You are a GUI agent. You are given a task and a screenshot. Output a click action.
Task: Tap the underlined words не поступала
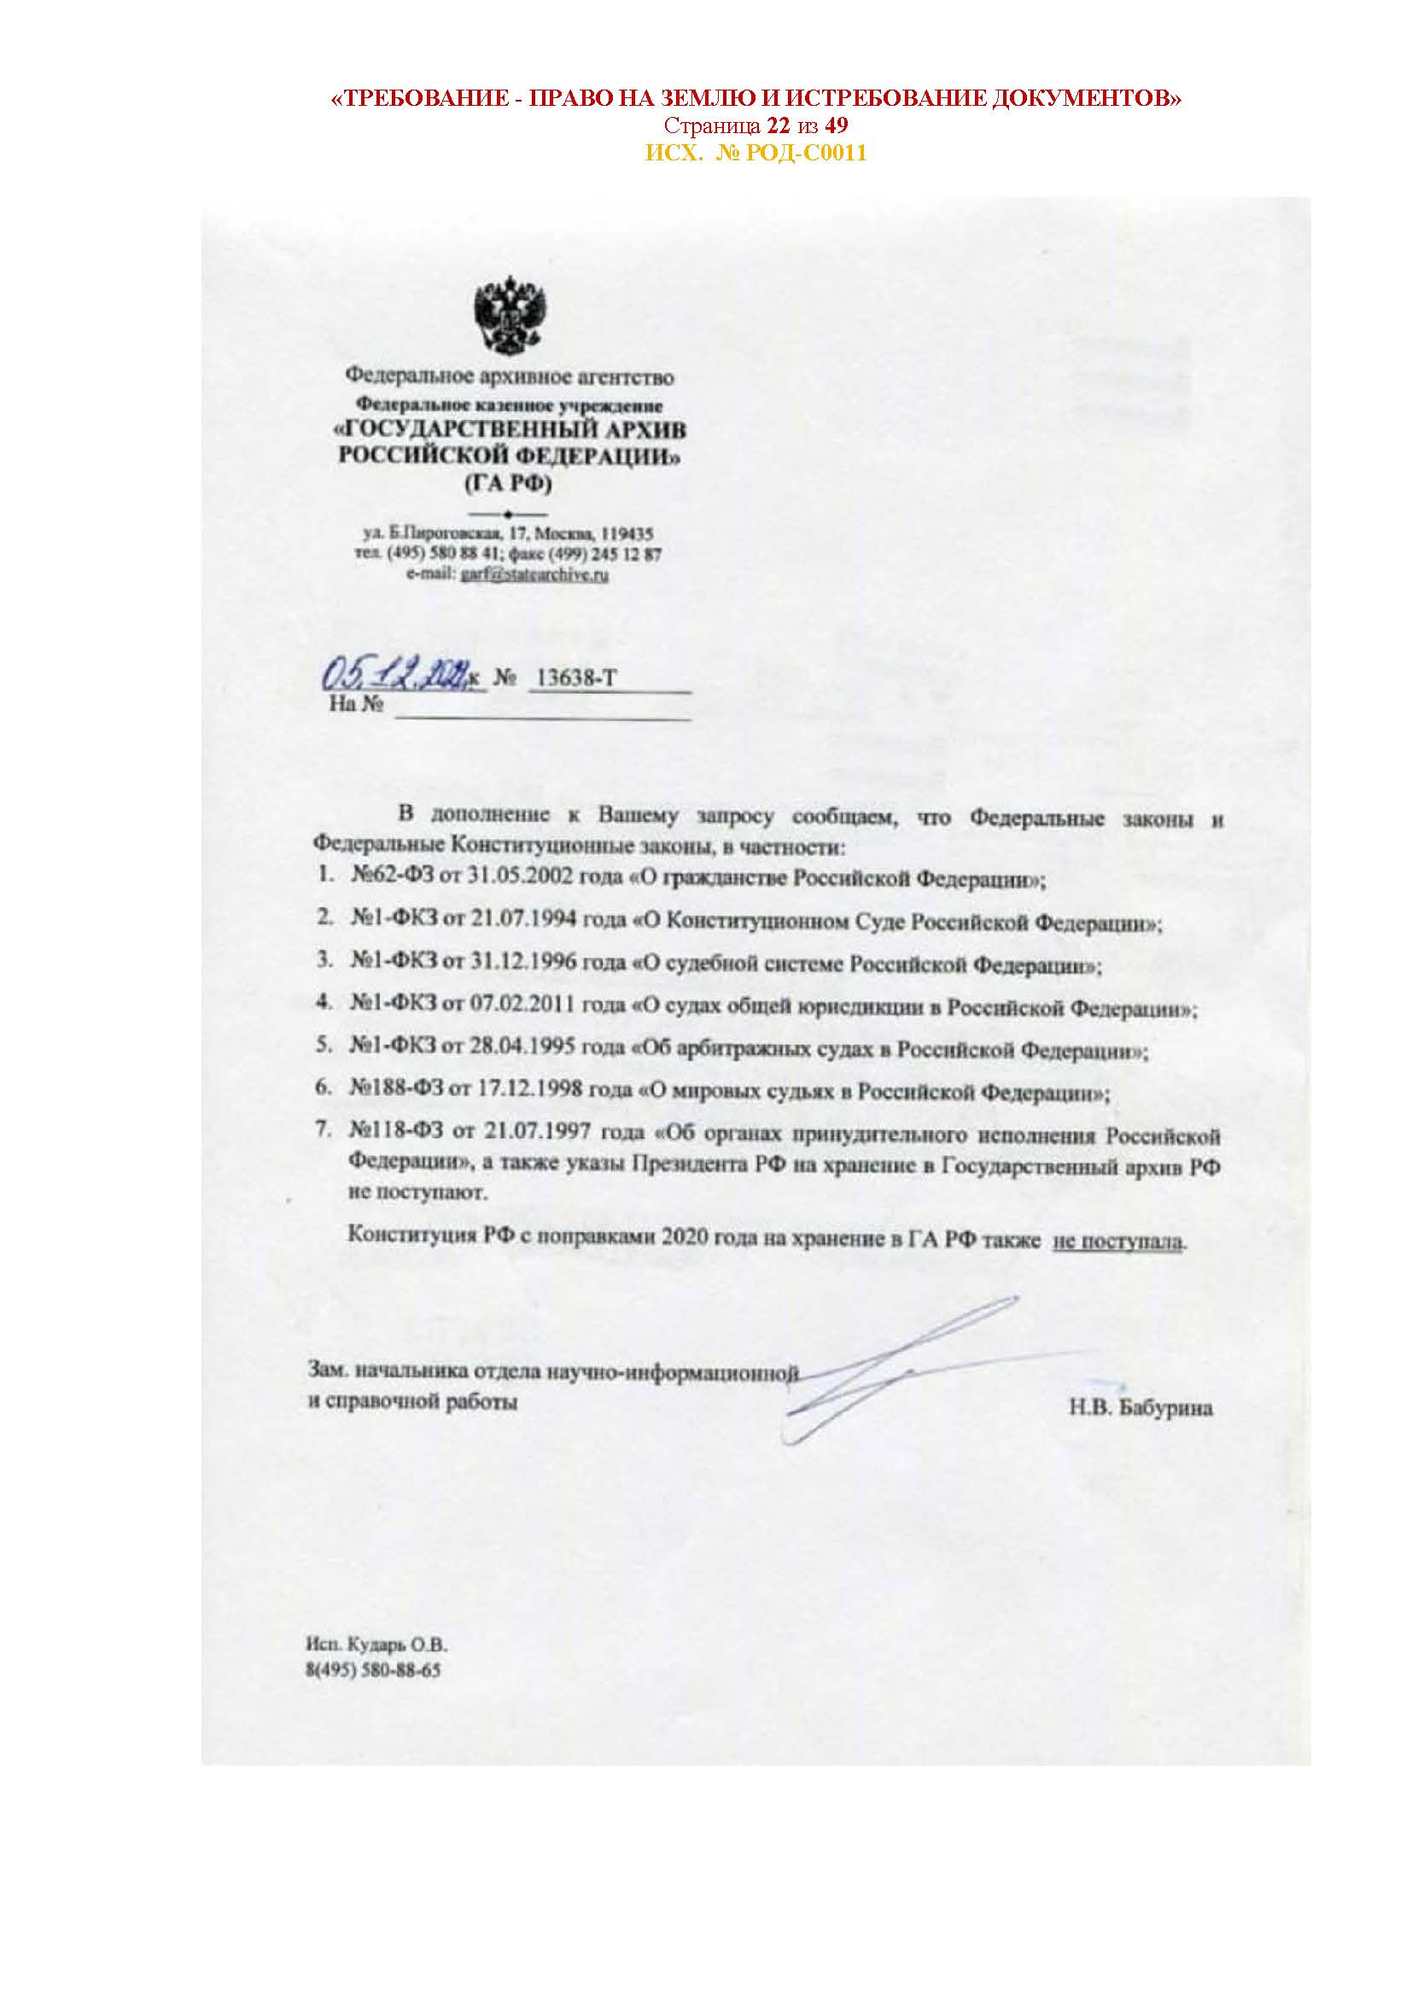(x=1118, y=1241)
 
